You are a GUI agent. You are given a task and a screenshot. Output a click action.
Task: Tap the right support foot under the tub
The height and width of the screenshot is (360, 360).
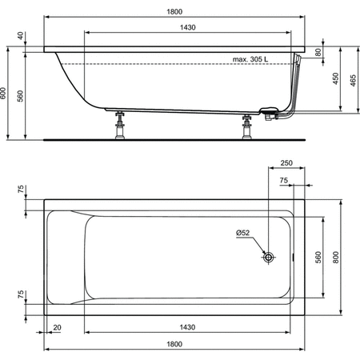[x=247, y=125]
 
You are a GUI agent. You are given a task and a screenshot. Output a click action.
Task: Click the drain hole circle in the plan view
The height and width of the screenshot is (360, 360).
[x=268, y=257]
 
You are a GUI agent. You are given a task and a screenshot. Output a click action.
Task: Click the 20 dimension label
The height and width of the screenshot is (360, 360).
[x=58, y=328]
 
